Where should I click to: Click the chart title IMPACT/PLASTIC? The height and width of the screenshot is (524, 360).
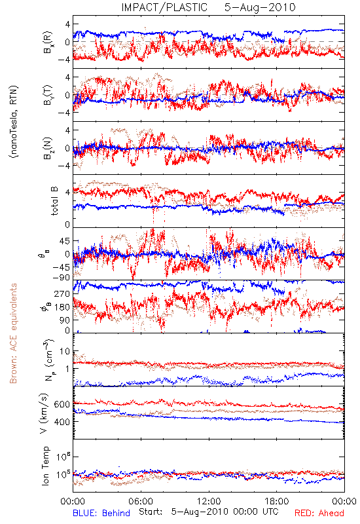[x=164, y=7]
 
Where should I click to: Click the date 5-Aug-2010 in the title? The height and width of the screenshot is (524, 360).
[x=260, y=7]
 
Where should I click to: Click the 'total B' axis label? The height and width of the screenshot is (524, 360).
[x=54, y=201]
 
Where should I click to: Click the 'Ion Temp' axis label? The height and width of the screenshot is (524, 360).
[x=45, y=466]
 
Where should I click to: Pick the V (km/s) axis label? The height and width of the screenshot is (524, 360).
[x=44, y=413]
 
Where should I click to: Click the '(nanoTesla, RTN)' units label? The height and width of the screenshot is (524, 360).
[x=14, y=122]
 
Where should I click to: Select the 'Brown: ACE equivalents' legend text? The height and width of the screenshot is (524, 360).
[x=13, y=333]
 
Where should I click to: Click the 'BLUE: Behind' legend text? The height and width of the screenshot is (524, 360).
[x=101, y=513]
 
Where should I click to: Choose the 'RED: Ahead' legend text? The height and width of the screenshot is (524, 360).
[x=319, y=513]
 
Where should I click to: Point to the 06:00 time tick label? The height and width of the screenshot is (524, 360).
[x=141, y=501]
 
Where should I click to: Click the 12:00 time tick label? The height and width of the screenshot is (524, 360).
[x=209, y=501]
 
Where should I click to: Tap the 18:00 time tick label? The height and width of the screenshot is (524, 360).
[x=277, y=501]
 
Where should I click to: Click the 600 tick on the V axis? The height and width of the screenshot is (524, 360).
[x=62, y=404]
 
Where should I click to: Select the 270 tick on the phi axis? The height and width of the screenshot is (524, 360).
[x=62, y=294]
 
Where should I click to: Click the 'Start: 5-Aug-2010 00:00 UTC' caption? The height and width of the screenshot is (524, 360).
[x=209, y=512]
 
